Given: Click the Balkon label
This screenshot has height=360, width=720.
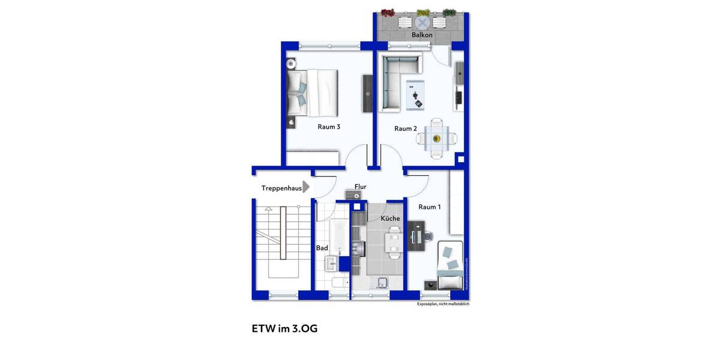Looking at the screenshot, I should click(x=422, y=35).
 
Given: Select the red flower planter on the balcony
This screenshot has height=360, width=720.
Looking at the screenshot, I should click(x=388, y=13).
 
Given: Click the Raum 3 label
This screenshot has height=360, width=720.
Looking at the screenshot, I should click(x=329, y=127).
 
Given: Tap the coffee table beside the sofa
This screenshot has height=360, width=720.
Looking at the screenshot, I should click(x=416, y=95).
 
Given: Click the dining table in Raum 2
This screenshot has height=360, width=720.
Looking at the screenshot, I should click(x=436, y=139).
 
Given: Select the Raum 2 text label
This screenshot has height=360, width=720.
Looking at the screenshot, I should click(x=406, y=128).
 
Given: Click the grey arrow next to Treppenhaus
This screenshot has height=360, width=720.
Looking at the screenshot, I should click(x=306, y=187).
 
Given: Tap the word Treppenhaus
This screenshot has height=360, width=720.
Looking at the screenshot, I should click(x=281, y=188).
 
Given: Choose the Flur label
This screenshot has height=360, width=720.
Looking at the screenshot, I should click(x=360, y=187).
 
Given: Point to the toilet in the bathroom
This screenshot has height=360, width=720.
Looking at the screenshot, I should click(x=338, y=283).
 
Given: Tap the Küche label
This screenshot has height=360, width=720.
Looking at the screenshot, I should click(x=390, y=218).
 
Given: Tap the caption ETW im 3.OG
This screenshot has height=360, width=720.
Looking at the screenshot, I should click(x=284, y=329).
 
